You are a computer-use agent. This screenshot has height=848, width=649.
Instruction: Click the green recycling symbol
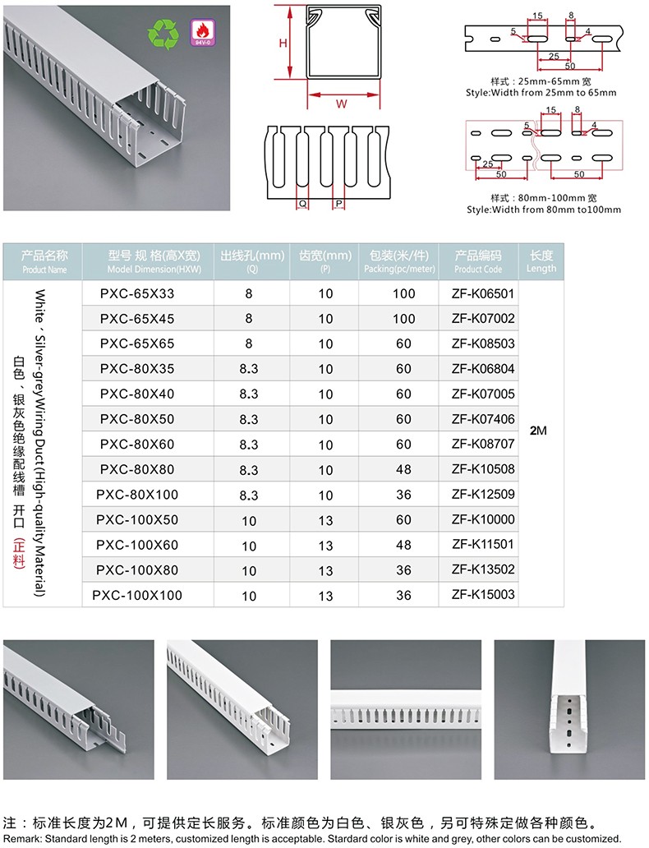coord(163,34)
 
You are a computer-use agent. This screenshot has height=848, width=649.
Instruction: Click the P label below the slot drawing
coord(338,202)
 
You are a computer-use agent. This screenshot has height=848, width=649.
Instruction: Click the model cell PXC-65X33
coord(137,293)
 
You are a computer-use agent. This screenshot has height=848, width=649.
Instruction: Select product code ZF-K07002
coord(483,318)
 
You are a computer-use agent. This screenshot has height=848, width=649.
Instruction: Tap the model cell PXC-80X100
coord(137,495)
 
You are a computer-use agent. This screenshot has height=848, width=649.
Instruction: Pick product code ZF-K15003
coord(483,594)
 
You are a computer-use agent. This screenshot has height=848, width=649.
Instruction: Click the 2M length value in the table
coord(539,431)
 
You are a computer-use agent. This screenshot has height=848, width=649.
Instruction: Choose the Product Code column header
coord(478,261)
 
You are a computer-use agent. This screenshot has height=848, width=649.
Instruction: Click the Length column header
coord(541,261)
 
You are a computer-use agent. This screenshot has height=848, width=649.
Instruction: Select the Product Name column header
coord(45,261)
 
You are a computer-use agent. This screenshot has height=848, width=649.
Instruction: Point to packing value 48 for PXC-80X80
coord(403,470)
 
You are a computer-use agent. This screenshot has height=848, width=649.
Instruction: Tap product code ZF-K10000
coord(483,519)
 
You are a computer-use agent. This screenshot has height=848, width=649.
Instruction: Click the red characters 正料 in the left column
coord(20,553)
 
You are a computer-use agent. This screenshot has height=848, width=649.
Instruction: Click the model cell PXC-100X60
coord(137,545)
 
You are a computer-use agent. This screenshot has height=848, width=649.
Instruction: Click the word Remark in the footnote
coord(21,838)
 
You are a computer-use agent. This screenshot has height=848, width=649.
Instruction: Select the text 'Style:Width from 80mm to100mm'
coord(544,210)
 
